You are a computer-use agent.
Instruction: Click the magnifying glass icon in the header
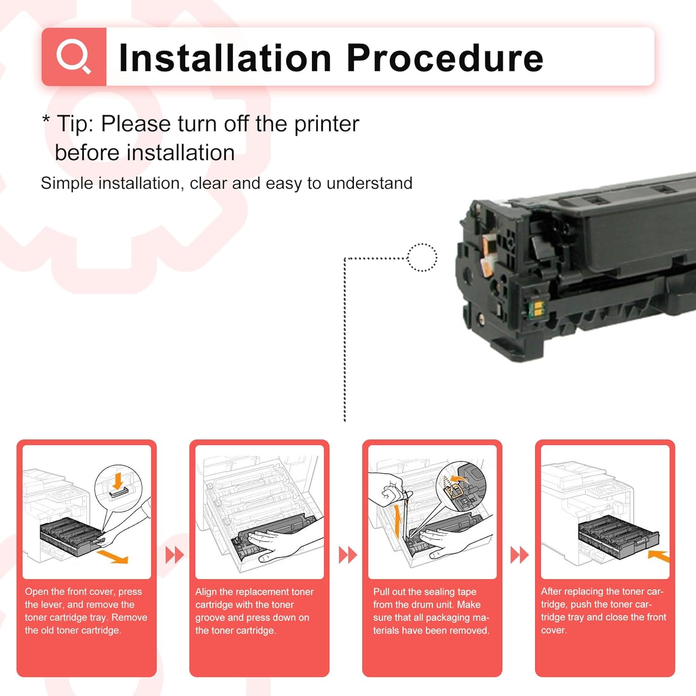pyautogui.click(x=73, y=57)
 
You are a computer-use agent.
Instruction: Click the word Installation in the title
pyautogui.click(x=225, y=58)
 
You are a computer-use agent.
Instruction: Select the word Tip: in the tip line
pyautogui.click(x=75, y=124)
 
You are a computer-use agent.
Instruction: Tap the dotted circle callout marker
pyautogui.click(x=422, y=257)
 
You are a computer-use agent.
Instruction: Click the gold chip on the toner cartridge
pyautogui.click(x=535, y=309)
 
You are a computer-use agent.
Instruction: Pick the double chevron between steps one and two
pyautogui.click(x=174, y=554)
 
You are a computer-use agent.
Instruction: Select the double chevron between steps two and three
pyautogui.click(x=348, y=554)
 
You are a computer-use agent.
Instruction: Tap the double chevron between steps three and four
pyautogui.click(x=519, y=554)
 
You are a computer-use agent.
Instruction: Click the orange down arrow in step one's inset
pyautogui.click(x=118, y=480)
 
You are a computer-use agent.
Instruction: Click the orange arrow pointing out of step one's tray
pyautogui.click(x=113, y=556)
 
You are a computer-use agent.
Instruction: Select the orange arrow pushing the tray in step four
pyautogui.click(x=659, y=555)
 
